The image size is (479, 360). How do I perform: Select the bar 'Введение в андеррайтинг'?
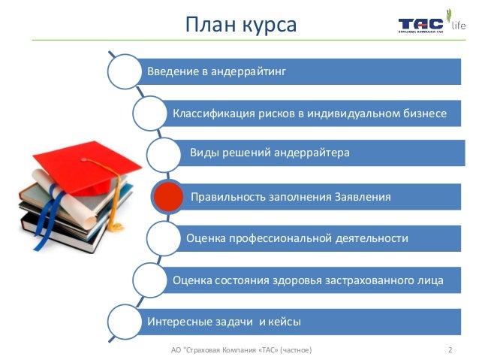300,71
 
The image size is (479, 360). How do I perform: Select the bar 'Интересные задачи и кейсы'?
300,322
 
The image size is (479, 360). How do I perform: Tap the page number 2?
448,349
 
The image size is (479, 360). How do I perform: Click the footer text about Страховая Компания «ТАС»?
240,349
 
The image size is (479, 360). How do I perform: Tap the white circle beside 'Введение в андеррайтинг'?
124,71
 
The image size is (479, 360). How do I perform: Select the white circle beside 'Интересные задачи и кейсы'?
124,322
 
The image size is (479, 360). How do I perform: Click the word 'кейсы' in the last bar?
285,322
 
